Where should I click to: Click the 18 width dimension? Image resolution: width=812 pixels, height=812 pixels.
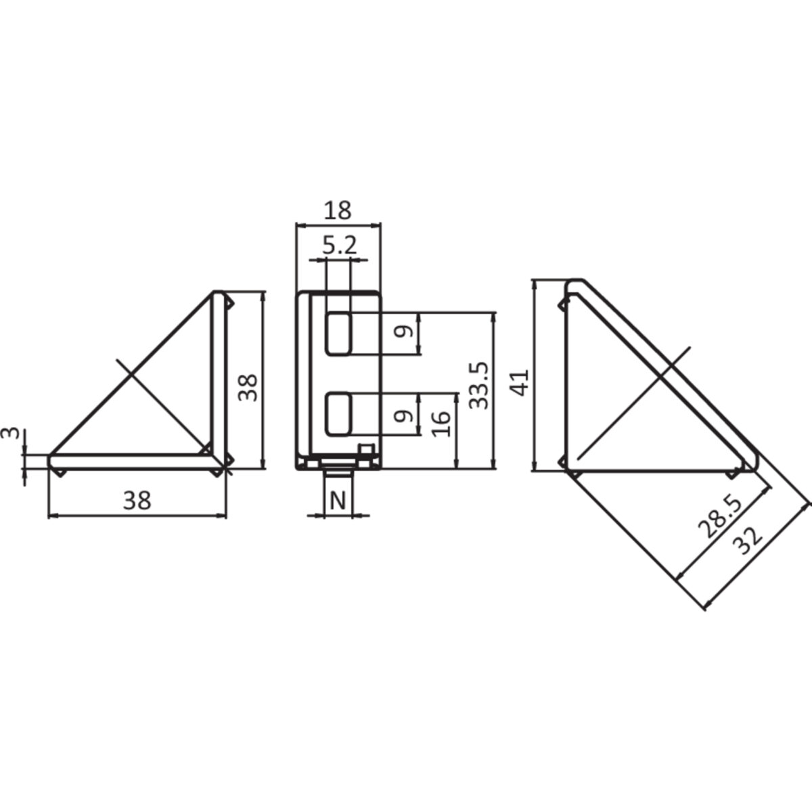[x=338, y=210]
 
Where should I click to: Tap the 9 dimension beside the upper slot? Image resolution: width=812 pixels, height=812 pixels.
[x=403, y=333]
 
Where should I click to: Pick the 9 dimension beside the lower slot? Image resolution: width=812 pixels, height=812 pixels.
[x=403, y=415]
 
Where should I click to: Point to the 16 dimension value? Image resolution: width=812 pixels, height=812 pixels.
[x=440, y=424]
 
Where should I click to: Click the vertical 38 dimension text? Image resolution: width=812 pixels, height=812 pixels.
[x=249, y=387]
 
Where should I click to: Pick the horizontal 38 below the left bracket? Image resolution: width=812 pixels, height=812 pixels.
[x=137, y=501]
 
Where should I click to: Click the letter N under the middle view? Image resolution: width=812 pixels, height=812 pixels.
[x=338, y=501]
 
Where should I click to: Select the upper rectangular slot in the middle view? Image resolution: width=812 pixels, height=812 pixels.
[x=338, y=333]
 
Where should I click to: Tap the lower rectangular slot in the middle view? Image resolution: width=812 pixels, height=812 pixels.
[x=338, y=414]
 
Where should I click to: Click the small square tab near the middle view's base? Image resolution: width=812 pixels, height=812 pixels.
[x=365, y=450]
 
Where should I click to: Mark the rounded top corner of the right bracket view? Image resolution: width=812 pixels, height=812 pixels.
[x=574, y=284]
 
